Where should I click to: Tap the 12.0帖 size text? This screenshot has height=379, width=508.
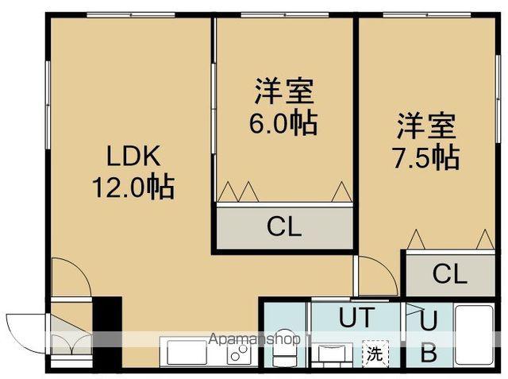[131, 188]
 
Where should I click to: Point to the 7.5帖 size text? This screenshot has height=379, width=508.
[426, 157]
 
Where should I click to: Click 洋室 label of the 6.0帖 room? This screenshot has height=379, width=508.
[284, 91]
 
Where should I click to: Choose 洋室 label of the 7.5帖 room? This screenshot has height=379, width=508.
[426, 126]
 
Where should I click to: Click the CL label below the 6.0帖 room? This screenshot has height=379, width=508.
[284, 227]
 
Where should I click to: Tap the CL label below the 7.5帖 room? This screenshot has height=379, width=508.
[450, 274]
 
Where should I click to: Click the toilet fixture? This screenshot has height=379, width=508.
[283, 350]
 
